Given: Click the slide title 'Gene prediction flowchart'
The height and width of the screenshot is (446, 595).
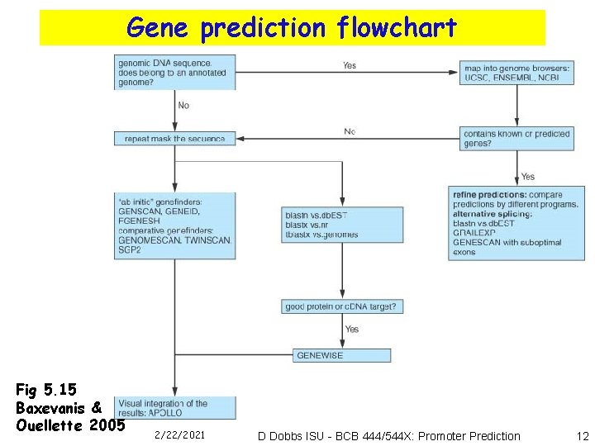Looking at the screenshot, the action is pyautogui.click(x=292, y=28).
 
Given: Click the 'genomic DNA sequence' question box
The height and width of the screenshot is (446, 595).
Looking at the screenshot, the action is pyautogui.click(x=175, y=73).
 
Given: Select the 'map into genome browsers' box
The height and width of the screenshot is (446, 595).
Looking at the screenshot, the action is pyautogui.click(x=517, y=71).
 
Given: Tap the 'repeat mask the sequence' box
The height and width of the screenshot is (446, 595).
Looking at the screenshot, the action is pyautogui.click(x=175, y=138).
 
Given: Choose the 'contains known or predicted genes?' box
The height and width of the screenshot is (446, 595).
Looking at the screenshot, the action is pyautogui.click(x=517, y=138).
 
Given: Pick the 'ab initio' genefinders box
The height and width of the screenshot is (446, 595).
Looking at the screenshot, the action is pyautogui.click(x=175, y=225).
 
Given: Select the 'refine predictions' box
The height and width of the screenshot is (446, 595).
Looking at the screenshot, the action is pyautogui.click(x=517, y=222).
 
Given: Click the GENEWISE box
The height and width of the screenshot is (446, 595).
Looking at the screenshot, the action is pyautogui.click(x=342, y=355).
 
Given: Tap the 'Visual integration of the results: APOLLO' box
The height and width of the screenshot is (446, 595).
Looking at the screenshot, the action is pyautogui.click(x=175, y=407).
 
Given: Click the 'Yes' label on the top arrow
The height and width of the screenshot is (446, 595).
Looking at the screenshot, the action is pyautogui.click(x=350, y=65).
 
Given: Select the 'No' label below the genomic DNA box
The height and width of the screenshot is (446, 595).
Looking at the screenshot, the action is pyautogui.click(x=183, y=105).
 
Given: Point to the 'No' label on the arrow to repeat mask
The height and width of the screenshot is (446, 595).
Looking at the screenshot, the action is pyautogui.click(x=350, y=131).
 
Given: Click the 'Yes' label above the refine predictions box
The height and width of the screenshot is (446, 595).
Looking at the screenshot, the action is pyautogui.click(x=528, y=176).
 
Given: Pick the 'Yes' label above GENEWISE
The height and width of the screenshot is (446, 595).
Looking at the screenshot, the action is pyautogui.click(x=352, y=329).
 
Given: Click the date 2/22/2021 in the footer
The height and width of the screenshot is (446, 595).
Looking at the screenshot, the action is pyautogui.click(x=179, y=434).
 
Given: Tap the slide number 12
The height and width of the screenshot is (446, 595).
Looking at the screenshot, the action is pyautogui.click(x=583, y=435).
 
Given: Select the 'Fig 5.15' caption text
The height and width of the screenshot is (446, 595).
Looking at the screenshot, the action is pyautogui.click(x=46, y=389).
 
